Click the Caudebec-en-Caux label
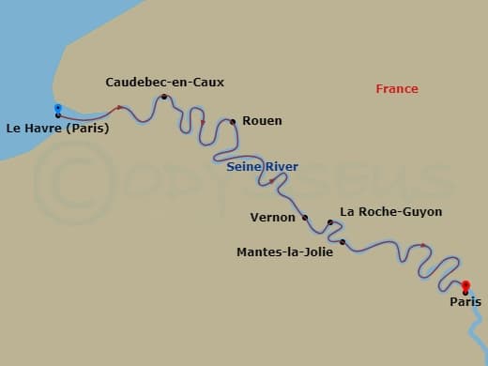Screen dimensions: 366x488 (165, 83)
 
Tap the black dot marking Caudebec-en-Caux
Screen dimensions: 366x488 (164, 97)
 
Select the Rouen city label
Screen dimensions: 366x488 (262, 121)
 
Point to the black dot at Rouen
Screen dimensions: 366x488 (232, 121)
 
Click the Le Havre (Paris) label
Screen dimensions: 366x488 (57, 129)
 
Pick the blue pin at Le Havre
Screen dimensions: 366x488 (58, 109)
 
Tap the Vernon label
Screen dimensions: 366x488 (273, 217)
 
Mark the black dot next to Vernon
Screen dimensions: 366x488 (305, 218)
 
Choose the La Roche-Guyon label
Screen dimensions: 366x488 (391, 212)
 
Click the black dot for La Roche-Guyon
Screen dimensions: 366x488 (330, 222)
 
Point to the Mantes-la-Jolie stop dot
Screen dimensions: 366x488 (343, 243)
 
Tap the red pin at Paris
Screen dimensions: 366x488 (465, 285)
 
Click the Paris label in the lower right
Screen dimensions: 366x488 (465, 302)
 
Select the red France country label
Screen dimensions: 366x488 (397, 89)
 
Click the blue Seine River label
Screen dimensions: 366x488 (263, 167)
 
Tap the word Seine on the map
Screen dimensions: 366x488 (244, 167)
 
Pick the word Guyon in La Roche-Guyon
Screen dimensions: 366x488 (420, 212)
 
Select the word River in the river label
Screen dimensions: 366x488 (282, 167)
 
